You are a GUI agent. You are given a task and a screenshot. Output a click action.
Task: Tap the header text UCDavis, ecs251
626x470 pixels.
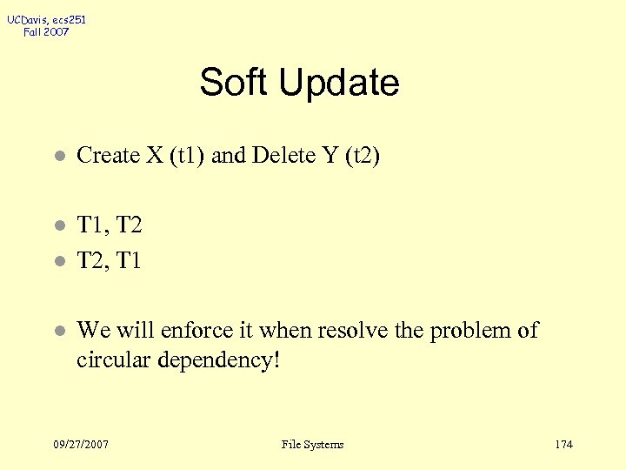click(47, 19)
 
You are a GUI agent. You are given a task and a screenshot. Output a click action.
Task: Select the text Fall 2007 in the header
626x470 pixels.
click(47, 32)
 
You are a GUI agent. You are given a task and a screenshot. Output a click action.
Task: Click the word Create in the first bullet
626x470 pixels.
click(108, 156)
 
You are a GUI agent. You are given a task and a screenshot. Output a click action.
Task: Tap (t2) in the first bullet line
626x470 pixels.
click(359, 156)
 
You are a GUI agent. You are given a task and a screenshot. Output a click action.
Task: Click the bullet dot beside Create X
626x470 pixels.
click(58, 157)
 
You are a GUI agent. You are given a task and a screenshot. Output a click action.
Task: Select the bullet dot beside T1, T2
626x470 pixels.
click(58, 226)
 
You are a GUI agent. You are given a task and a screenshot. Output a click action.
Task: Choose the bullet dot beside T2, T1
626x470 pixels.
click(58, 261)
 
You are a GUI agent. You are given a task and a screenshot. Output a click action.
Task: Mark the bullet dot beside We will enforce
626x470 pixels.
click(58, 332)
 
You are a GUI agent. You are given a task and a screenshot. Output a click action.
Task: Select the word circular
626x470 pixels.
click(111, 359)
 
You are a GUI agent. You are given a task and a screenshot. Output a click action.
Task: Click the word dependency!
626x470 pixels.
click(217, 360)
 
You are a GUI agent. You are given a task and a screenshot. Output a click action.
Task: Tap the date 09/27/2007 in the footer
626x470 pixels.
click(81, 445)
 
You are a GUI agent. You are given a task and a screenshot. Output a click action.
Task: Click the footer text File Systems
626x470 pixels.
click(313, 445)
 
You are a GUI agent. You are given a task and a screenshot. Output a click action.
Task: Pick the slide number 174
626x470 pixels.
click(563, 445)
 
